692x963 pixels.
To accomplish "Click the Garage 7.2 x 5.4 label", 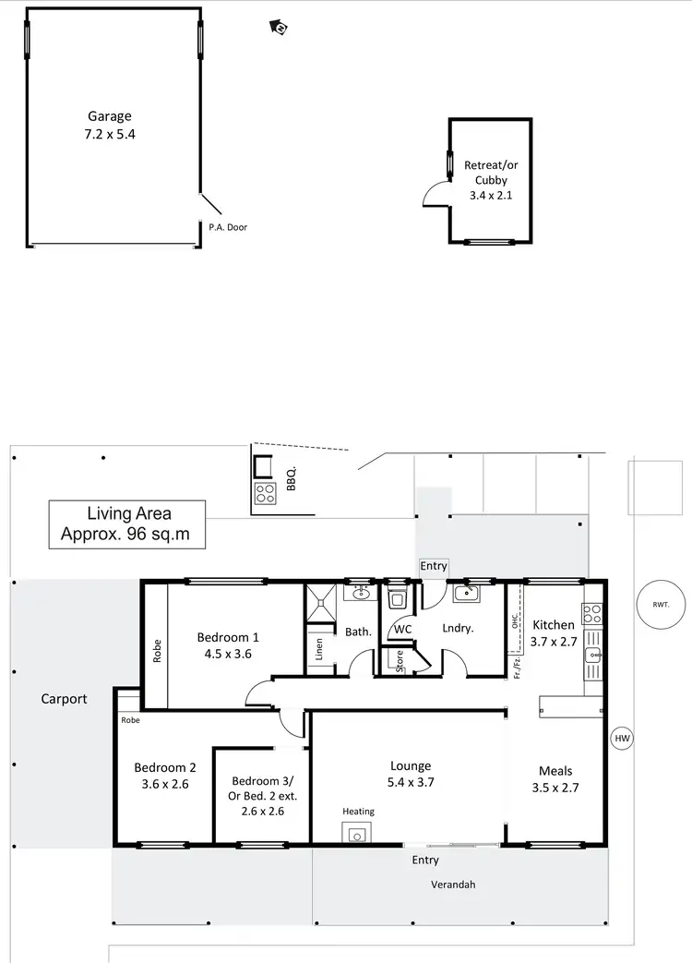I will pyautogui.click(x=110, y=126).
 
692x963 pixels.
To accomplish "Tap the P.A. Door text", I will pyautogui.click(x=228, y=227).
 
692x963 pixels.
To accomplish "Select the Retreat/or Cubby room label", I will pyautogui.click(x=491, y=180).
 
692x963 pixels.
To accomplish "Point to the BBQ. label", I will pyautogui.click(x=291, y=477).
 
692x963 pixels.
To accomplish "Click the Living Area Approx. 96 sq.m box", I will pyautogui.click(x=128, y=524).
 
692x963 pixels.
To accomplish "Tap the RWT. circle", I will pyautogui.click(x=660, y=606).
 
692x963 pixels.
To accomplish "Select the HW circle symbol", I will pyautogui.click(x=623, y=738).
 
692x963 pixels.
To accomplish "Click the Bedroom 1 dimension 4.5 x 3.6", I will pyautogui.click(x=228, y=654).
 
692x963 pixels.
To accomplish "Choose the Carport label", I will pyautogui.click(x=64, y=699).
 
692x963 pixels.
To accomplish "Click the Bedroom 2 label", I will pyautogui.click(x=165, y=767).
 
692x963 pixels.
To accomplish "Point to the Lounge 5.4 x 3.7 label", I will pyautogui.click(x=411, y=774).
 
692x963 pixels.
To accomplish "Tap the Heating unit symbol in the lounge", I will pyautogui.click(x=356, y=835).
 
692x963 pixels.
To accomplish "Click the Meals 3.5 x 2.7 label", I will pyautogui.click(x=555, y=779).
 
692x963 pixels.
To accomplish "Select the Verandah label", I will pyautogui.click(x=453, y=884).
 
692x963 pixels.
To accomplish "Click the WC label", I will pyautogui.click(x=402, y=629).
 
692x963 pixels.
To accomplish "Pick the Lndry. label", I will pyautogui.click(x=458, y=629).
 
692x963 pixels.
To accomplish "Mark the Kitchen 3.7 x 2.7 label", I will pyautogui.click(x=554, y=633).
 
